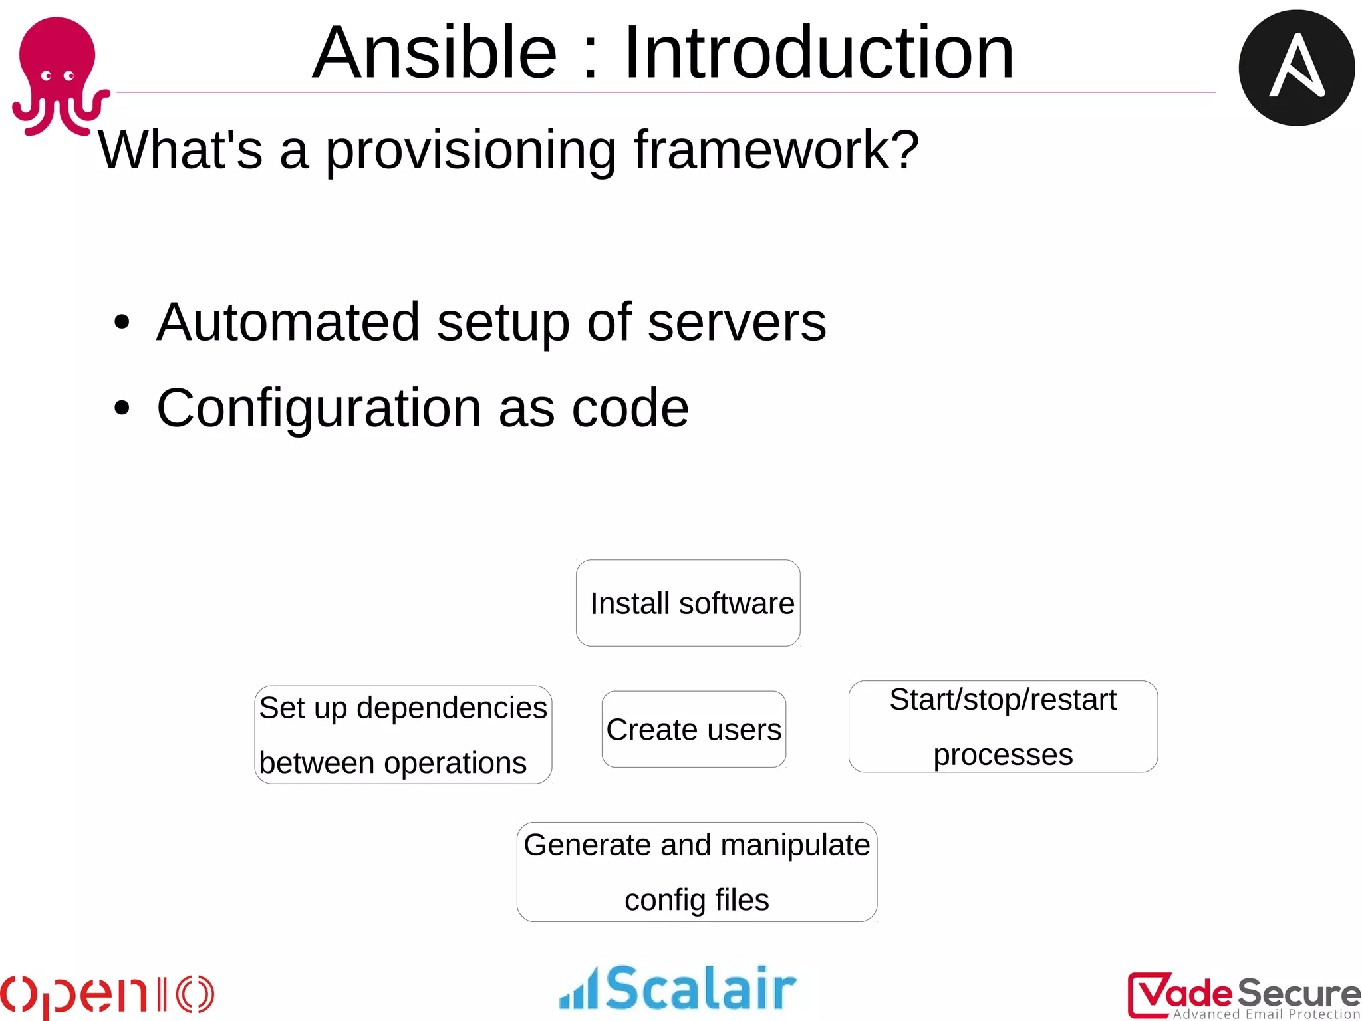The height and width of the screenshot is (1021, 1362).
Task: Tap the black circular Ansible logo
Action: pos(1296,68)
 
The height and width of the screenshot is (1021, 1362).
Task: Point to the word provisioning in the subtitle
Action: pos(470,151)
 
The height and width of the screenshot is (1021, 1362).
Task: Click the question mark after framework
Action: pos(905,150)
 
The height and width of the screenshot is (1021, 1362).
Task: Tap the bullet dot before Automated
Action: pos(122,323)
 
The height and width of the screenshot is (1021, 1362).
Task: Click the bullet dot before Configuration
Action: pos(122,408)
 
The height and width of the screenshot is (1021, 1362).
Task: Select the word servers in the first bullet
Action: pos(736,323)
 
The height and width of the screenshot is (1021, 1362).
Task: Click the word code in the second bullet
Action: pos(630,408)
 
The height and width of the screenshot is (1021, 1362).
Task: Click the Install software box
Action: pos(688,603)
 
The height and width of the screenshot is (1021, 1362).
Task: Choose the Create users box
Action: pos(694,730)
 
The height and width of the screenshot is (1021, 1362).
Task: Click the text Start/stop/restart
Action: pos(1003,700)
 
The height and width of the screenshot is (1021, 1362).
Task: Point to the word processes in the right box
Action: pos(1003,755)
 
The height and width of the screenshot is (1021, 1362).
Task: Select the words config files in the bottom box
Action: pos(696,900)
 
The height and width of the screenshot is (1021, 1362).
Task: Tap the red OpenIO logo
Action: pos(106,994)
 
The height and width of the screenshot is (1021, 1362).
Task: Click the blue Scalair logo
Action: pos(678,988)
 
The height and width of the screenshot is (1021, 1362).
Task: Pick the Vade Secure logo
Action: pos(1244,995)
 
